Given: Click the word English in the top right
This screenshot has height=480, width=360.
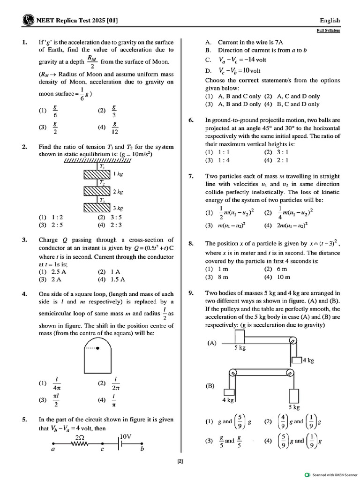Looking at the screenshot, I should (330, 20).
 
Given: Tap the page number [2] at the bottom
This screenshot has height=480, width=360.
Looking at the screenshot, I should (180, 461).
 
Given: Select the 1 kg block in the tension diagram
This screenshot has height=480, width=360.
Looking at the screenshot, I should (96, 174).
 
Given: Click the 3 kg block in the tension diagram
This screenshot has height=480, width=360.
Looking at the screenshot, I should (96, 208).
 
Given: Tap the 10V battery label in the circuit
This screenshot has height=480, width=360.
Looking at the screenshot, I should (125, 436).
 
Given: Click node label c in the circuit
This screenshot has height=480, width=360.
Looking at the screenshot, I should (101, 450).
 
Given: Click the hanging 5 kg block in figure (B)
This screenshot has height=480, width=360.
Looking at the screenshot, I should (293, 395).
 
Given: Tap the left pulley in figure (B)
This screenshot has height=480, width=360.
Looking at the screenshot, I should (232, 374).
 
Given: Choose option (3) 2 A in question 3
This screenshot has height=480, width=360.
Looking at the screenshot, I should (50, 280).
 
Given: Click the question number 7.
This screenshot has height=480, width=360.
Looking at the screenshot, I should (191, 176).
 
